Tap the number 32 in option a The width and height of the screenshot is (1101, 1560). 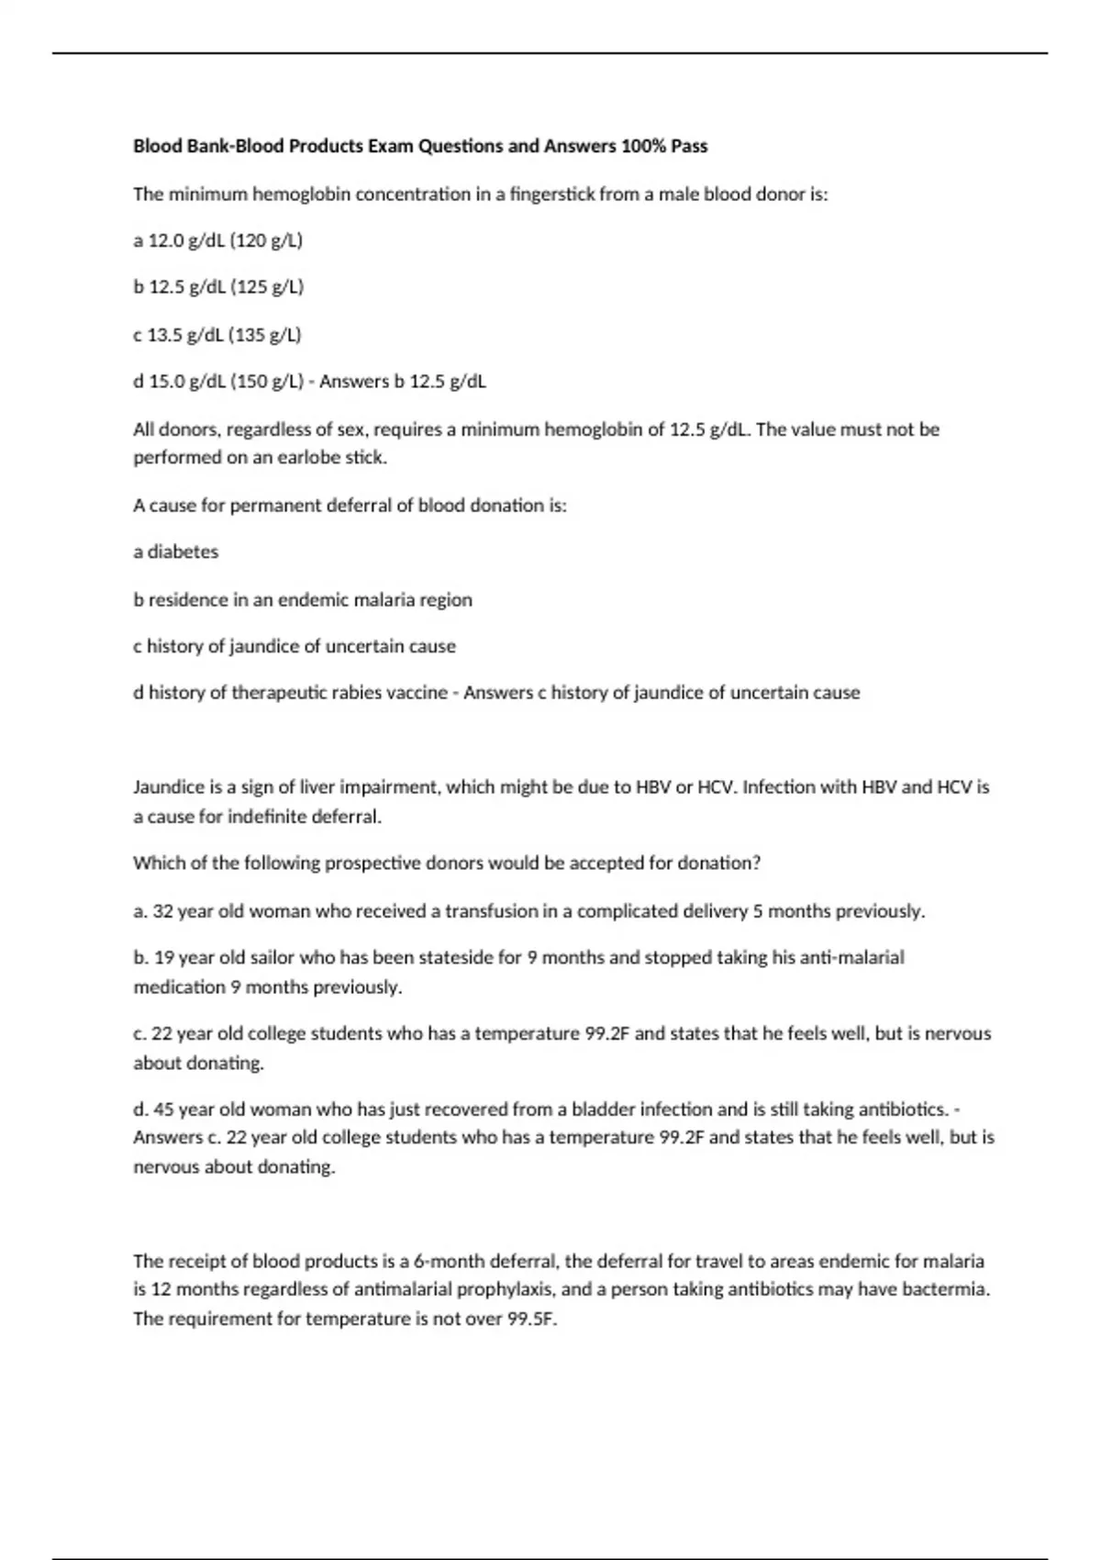point(163,912)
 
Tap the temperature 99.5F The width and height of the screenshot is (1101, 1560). point(532,1320)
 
